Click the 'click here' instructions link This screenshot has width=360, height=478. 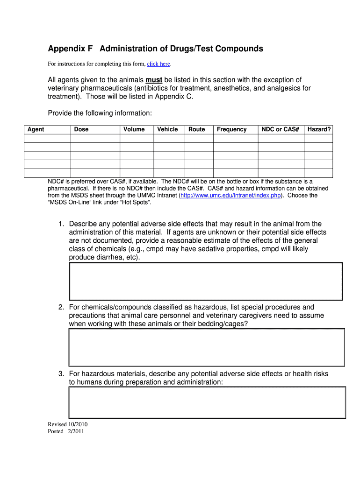point(158,64)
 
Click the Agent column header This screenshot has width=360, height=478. point(36,129)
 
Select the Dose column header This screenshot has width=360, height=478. point(81,129)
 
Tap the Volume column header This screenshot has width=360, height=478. point(134,129)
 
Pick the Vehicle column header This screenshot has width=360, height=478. point(167,129)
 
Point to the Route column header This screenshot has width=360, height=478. point(196,129)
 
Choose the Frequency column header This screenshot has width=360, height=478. point(231,129)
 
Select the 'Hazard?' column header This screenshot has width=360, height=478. point(319,129)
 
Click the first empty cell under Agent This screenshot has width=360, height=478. point(47,139)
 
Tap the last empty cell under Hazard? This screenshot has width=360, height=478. point(318,173)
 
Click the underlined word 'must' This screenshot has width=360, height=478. point(154,80)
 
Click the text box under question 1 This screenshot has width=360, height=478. point(206,281)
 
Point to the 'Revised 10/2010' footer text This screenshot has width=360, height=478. point(68,424)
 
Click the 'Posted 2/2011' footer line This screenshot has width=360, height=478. point(66,431)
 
